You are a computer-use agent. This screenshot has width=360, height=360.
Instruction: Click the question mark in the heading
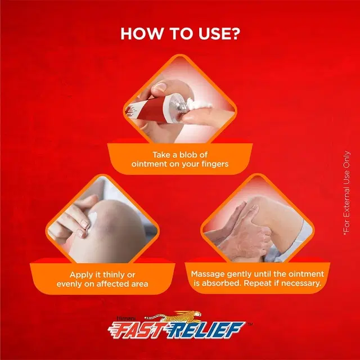[234, 34]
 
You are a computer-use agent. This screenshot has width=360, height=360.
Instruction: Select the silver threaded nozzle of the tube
[179, 105]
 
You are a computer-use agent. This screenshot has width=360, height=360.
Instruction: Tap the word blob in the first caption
[187, 155]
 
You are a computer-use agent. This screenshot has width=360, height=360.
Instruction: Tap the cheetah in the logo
[173, 316]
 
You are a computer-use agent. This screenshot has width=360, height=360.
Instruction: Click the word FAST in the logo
[137, 330]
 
